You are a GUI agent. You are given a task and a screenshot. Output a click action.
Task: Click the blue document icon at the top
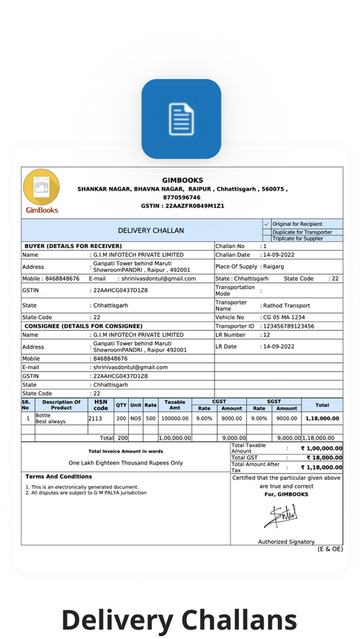(181, 117)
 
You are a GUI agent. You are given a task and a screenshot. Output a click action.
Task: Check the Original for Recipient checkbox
(266, 224)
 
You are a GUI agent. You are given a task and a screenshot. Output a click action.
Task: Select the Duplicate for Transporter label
(302, 232)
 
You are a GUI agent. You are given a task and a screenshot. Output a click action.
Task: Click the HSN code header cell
(101, 405)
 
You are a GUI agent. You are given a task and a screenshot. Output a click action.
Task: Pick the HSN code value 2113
(96, 418)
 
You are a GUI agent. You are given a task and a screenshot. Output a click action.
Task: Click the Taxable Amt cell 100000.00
(174, 418)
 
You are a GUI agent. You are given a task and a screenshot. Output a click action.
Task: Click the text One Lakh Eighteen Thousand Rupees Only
(125, 463)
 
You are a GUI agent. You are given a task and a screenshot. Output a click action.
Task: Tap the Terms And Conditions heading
(58, 477)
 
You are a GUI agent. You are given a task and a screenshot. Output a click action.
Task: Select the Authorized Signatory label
(286, 542)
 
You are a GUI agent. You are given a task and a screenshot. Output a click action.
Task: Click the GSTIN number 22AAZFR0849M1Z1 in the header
(193, 206)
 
